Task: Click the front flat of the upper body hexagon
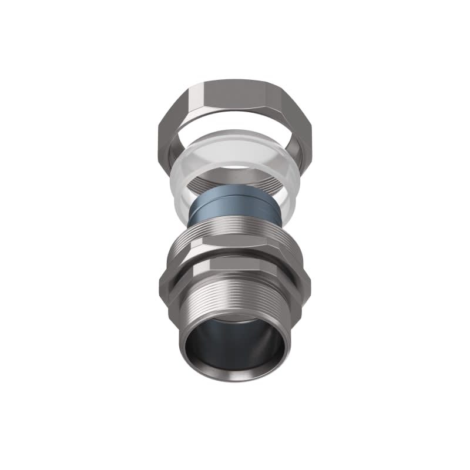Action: (x=235, y=249)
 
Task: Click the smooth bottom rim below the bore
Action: (x=235, y=376)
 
